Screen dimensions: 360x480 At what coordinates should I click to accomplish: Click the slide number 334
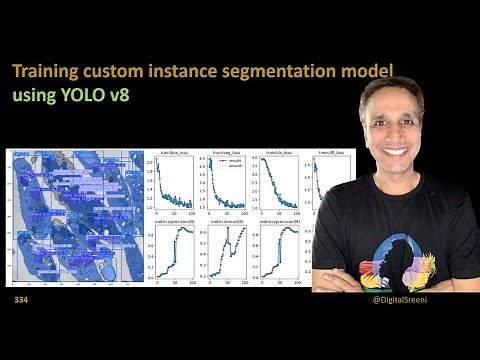[21, 300]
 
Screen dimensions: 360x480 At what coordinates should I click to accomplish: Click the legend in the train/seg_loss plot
[232, 163]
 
